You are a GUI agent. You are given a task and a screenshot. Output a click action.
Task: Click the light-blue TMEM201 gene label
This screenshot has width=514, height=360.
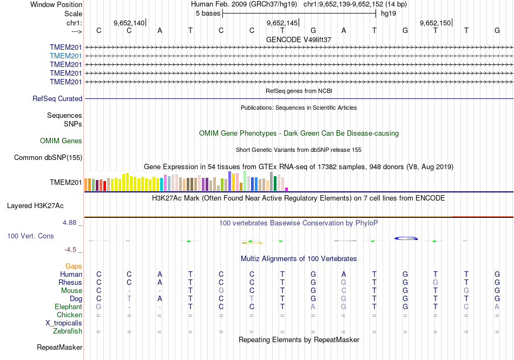tap(66, 56)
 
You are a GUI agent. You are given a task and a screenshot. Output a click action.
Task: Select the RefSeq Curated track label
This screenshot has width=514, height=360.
tap(57, 99)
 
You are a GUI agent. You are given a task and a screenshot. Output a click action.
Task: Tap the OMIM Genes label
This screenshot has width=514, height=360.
tap(61, 141)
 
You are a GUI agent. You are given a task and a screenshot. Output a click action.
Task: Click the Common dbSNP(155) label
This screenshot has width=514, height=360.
tap(48, 158)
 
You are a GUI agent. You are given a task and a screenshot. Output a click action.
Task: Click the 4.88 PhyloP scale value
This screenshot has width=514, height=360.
tap(72, 222)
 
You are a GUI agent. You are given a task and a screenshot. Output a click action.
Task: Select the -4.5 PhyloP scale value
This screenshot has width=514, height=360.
tap(72, 250)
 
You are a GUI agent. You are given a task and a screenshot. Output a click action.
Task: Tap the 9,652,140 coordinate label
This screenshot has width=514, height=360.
tap(129, 23)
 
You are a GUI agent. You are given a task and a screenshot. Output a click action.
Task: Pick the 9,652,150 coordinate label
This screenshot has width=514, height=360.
tap(435, 23)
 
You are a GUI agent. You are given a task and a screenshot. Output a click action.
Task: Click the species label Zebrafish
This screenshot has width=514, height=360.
tap(68, 331)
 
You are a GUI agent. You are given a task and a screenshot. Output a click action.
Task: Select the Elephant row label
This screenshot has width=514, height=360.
tap(68, 307)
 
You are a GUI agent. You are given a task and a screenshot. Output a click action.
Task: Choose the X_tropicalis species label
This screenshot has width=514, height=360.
tap(64, 323)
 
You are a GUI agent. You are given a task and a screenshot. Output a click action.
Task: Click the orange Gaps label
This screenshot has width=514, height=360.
tap(74, 266)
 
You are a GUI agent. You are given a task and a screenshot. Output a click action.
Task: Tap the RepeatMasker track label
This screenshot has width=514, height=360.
tap(60, 347)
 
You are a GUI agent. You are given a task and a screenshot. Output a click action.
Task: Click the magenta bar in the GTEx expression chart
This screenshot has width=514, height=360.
tap(286, 189)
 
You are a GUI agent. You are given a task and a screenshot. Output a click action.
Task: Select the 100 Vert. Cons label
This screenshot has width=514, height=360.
tap(30, 236)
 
